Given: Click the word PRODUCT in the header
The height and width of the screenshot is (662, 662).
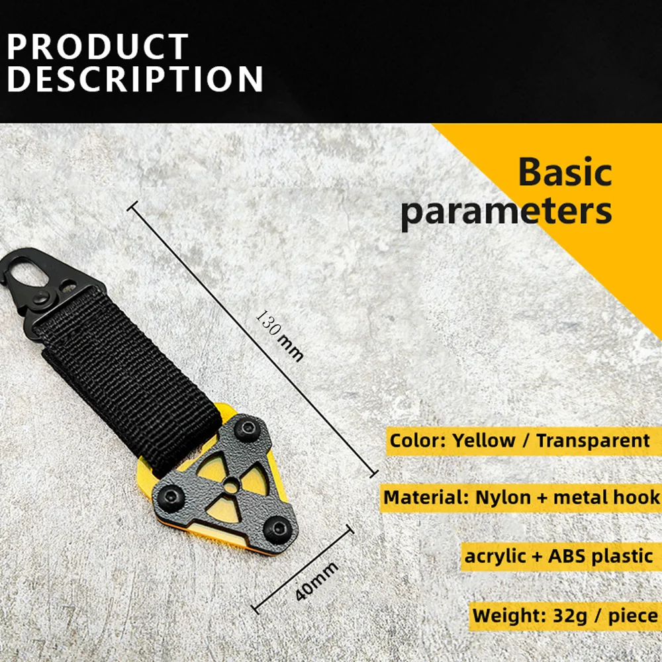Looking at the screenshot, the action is tap(97, 46).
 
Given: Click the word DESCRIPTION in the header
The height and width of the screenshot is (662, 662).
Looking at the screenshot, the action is tap(135, 79).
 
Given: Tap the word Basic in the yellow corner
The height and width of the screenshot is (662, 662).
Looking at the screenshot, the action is tap(565, 172).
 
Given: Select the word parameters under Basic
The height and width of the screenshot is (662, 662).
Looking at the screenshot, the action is tap(506, 211).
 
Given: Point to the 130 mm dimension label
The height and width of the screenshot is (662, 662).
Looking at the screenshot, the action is tap(279, 336).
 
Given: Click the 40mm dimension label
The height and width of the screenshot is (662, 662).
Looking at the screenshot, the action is tap(316, 581).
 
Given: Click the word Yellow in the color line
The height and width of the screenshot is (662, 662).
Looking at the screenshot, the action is tap(484, 441).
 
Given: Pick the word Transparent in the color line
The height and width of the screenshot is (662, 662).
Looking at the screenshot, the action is tap(593, 440).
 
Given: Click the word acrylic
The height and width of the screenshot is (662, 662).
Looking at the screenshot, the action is tap(495, 557).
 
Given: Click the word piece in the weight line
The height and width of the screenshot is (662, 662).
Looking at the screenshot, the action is tap(634, 616).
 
